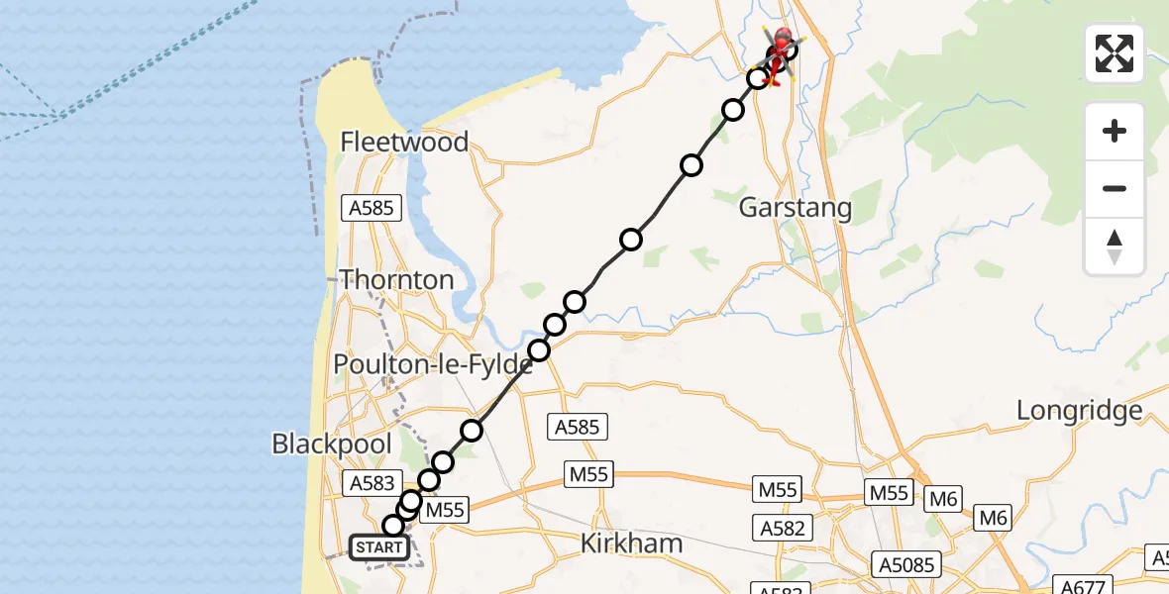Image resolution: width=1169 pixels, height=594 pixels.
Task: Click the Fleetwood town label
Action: tap(404, 143)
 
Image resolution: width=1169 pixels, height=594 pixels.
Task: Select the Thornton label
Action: tap(397, 280)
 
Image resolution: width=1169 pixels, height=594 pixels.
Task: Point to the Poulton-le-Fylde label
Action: tap(433, 364)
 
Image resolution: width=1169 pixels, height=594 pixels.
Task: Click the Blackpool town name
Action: tap(332, 444)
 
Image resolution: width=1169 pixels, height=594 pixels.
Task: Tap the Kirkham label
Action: tap(631, 543)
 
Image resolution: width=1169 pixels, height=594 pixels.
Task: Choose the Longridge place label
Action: tap(1080, 411)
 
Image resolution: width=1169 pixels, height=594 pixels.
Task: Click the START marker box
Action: tap(378, 547)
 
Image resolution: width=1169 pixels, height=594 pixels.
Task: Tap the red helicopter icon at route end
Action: tap(783, 43)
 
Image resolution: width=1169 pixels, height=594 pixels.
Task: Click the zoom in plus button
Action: tap(1115, 131)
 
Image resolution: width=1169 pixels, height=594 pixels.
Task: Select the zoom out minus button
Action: tap(1115, 188)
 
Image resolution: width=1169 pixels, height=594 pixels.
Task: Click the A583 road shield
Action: tap(372, 483)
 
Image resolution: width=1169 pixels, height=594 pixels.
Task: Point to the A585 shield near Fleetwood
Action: tap(372, 208)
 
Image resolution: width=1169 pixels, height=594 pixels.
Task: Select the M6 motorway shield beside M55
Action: tap(943, 499)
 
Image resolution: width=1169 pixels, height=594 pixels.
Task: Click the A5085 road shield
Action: tap(904, 564)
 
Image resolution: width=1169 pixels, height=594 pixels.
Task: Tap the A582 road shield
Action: tap(783, 527)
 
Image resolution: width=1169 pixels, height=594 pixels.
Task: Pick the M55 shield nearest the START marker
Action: tap(445, 510)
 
